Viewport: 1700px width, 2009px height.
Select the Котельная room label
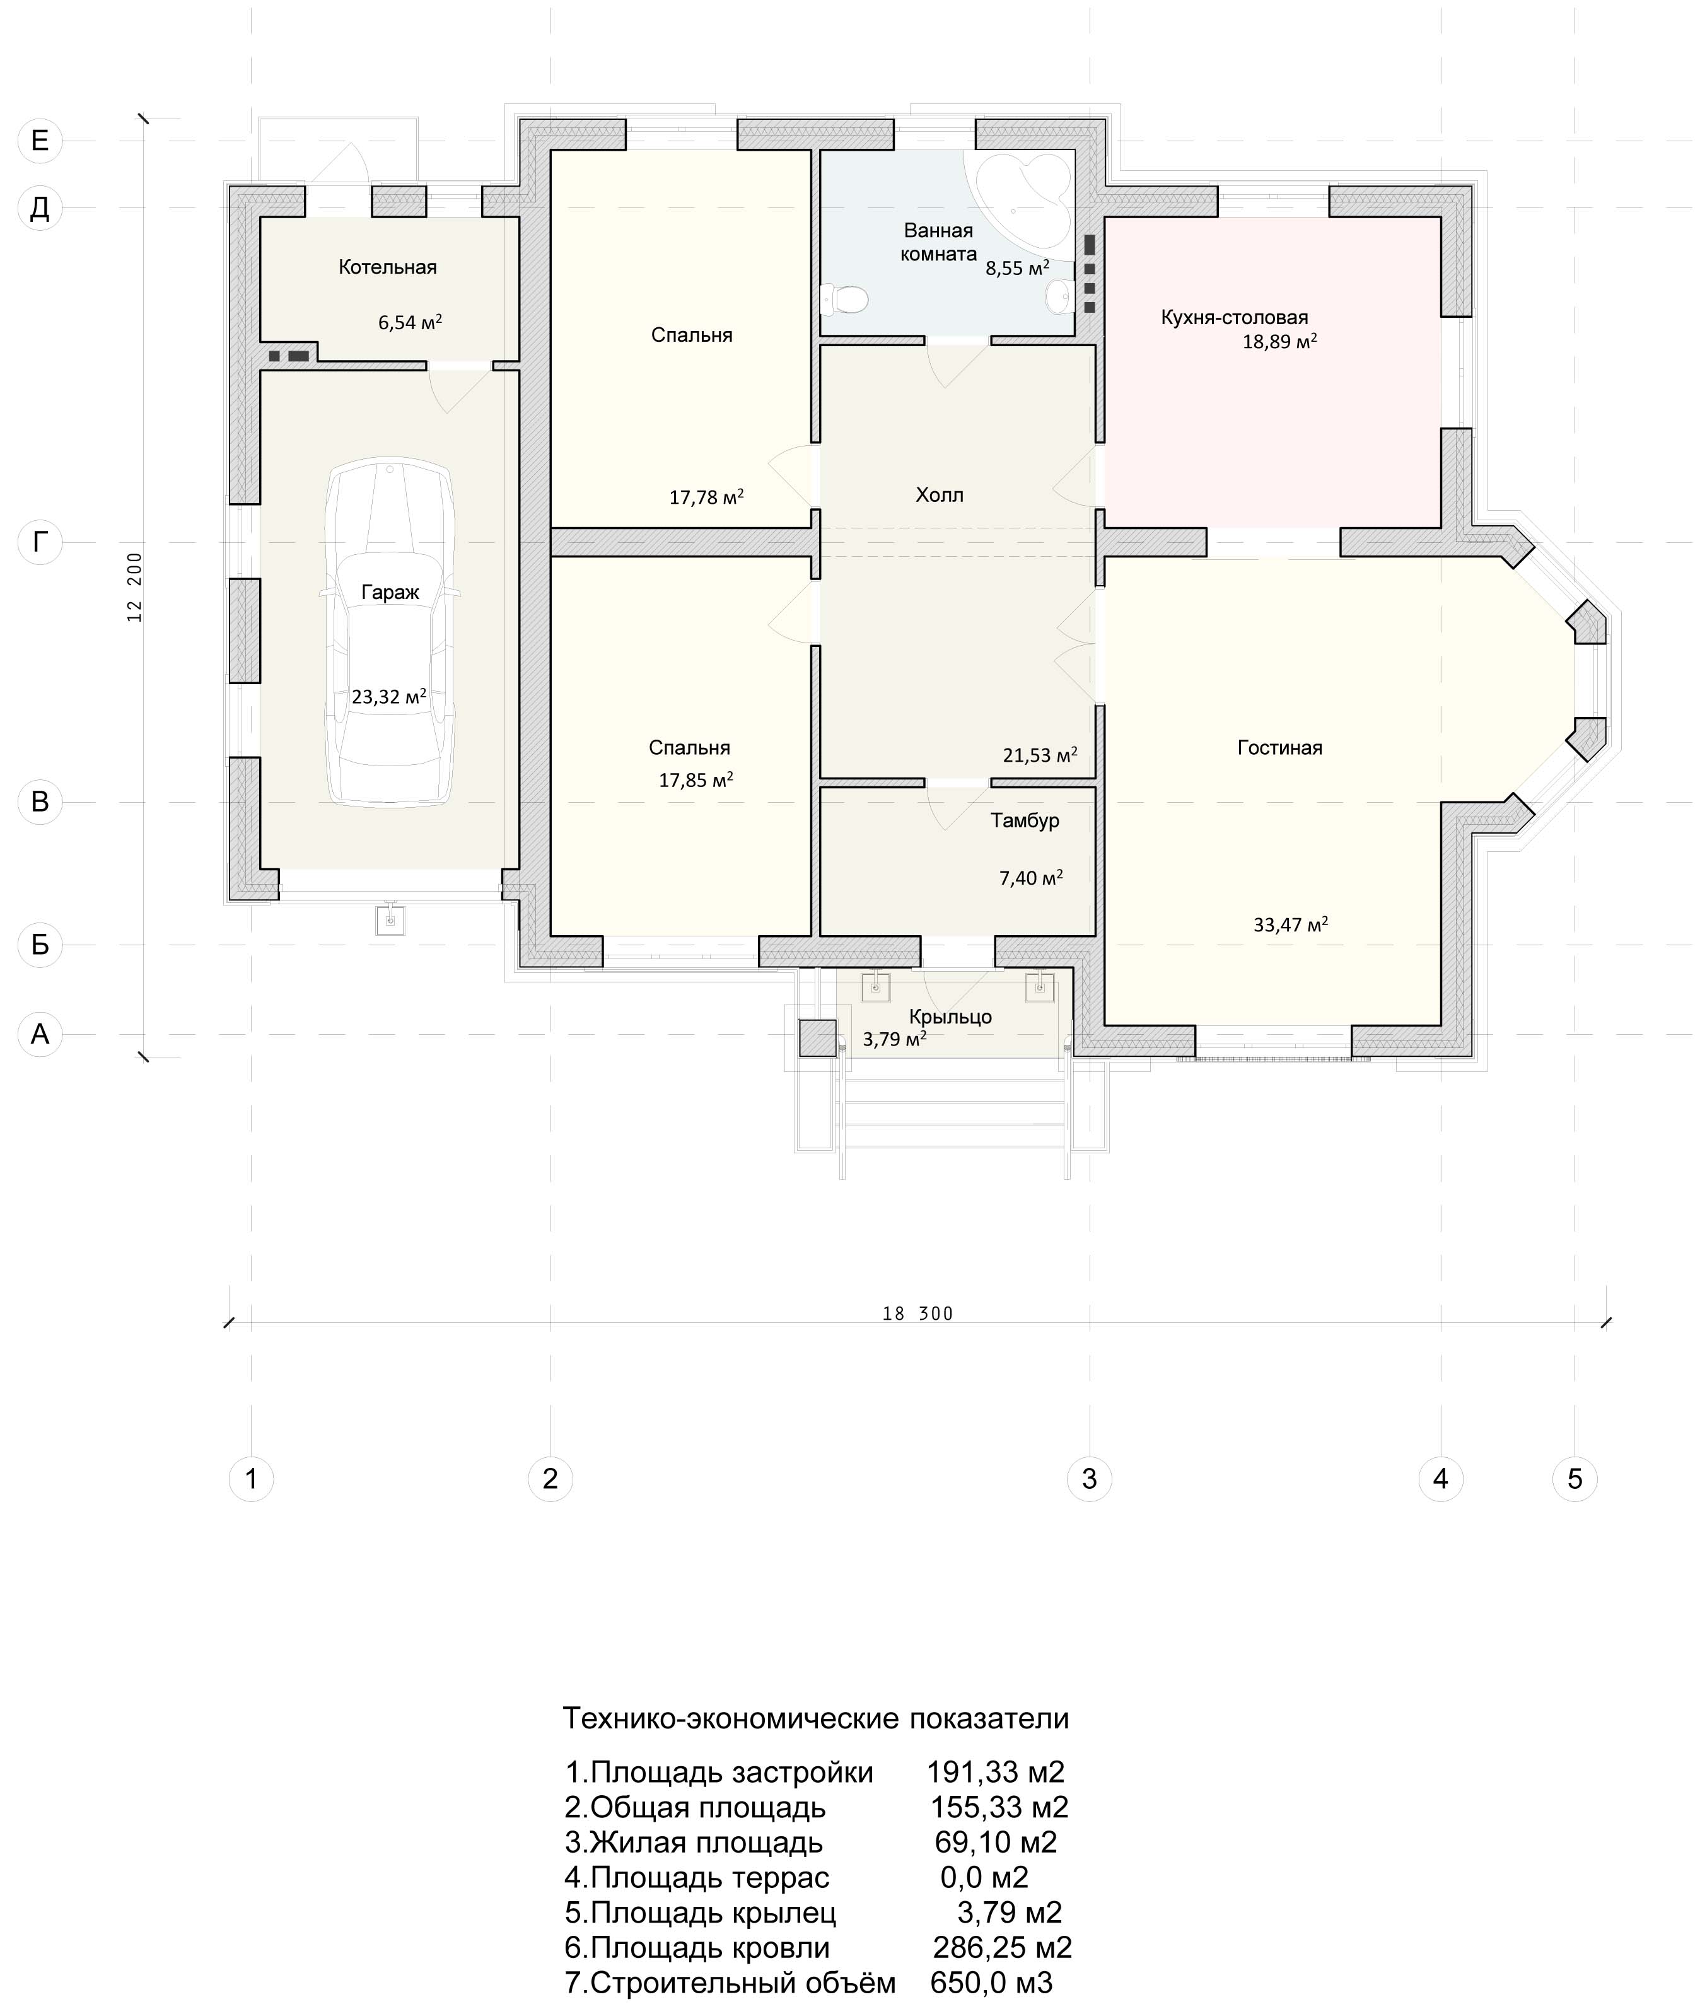coord(387,267)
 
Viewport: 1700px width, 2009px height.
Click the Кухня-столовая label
coord(1235,317)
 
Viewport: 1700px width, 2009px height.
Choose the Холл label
coord(940,495)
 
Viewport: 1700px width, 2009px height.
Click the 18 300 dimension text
coord(917,1313)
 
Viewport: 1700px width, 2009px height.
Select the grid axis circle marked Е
coord(40,141)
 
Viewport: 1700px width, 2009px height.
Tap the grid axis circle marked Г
coord(40,542)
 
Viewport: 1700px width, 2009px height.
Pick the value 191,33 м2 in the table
coord(996,1772)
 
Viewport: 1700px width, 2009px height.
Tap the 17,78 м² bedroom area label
coord(706,497)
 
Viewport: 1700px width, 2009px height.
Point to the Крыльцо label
coord(950,1016)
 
